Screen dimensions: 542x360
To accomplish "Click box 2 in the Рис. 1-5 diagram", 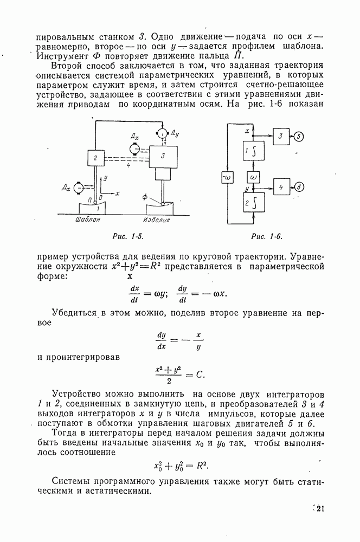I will pos(96,159).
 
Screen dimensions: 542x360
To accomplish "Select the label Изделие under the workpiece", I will pos(157,220).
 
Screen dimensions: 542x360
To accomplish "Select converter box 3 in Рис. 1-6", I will pos(281,136).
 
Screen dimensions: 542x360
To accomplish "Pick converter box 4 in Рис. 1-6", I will pos(281,187).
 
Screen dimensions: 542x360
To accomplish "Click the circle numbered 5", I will pos(300,136).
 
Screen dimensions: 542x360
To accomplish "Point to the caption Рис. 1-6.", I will pos(267,236).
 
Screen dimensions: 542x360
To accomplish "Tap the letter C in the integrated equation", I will pos(200,374).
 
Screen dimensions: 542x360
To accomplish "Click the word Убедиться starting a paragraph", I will pos(75,313).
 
